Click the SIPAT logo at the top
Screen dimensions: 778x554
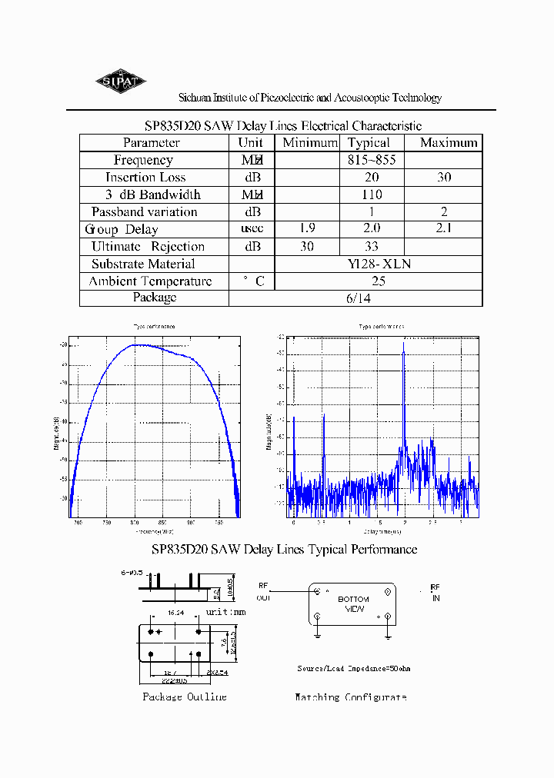click(121, 81)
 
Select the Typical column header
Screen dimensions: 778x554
click(369, 143)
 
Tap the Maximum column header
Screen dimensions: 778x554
click(449, 143)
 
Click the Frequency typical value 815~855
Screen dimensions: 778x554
click(372, 160)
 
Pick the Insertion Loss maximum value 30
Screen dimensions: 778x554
click(444, 178)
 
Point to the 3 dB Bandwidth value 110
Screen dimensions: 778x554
click(371, 195)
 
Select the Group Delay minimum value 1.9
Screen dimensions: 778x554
click(305, 229)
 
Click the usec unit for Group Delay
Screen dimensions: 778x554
click(251, 229)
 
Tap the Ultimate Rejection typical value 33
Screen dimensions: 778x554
click(371, 247)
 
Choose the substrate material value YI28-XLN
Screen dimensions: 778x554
click(379, 264)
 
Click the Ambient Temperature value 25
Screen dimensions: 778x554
click(379, 281)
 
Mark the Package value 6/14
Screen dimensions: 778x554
click(379, 298)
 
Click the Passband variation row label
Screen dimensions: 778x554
click(145, 212)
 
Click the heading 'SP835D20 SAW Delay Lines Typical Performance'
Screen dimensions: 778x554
click(285, 550)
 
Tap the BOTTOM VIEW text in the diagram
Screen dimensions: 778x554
click(353, 604)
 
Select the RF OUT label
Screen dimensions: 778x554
click(264, 591)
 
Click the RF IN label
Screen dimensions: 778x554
click(436, 591)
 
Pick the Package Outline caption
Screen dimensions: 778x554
click(185, 697)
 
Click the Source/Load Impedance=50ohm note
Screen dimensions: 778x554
click(354, 669)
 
